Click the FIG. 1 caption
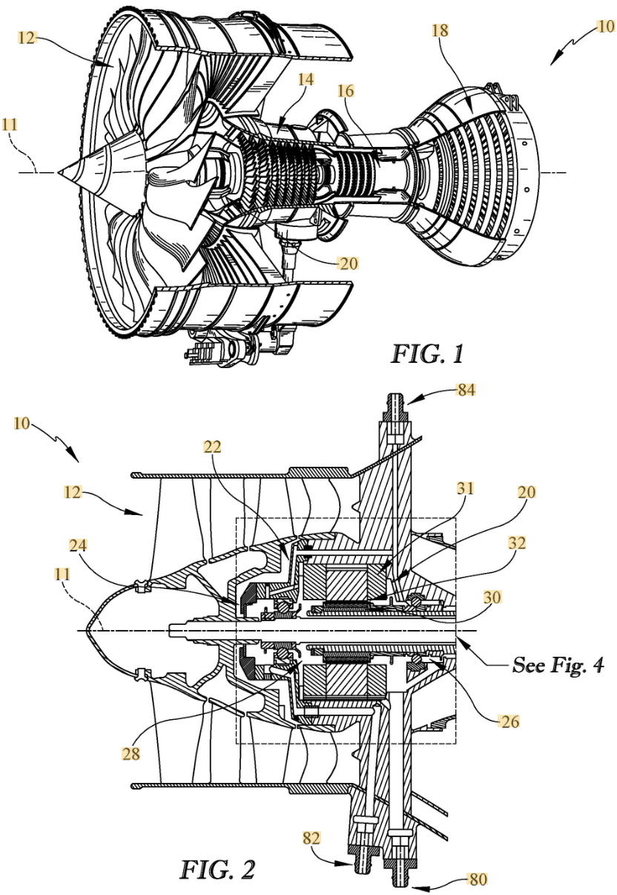(427, 354)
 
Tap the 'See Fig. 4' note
(558, 665)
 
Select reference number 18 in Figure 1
(440, 30)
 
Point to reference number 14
(305, 79)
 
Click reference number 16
(346, 91)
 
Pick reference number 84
(466, 389)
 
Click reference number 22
(212, 446)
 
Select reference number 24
(78, 545)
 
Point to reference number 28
(131, 754)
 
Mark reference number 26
(509, 721)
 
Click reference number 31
(465, 488)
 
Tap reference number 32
(517, 543)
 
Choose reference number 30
(492, 597)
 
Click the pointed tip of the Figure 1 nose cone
(58, 173)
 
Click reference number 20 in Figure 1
(348, 263)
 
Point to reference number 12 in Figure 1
(27, 39)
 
